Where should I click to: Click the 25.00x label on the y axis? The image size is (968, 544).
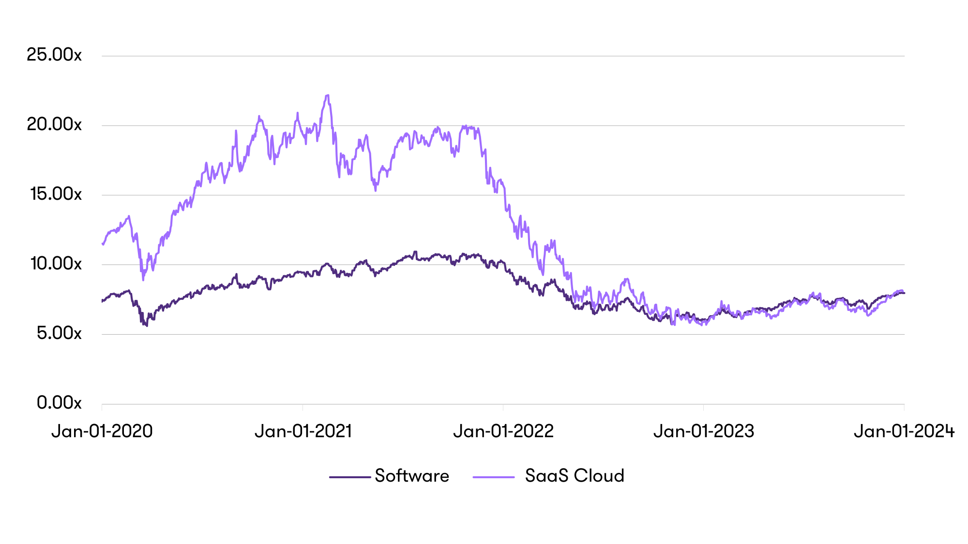(x=54, y=55)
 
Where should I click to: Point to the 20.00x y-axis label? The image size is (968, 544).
(x=54, y=125)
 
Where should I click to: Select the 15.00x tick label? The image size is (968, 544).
(x=56, y=194)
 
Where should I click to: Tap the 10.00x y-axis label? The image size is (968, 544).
(x=56, y=264)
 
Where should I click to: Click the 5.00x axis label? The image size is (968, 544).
(x=59, y=334)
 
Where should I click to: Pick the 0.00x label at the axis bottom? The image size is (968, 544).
(x=59, y=403)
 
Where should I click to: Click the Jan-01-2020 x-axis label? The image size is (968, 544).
(x=102, y=431)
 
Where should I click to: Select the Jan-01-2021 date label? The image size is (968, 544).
(x=303, y=431)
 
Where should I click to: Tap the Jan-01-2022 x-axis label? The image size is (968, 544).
(x=503, y=431)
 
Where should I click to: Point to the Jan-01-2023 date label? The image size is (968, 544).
(x=704, y=431)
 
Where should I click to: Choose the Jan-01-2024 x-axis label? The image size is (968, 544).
(x=904, y=431)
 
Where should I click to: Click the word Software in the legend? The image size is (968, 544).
(x=412, y=476)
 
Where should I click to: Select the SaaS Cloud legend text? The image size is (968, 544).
(x=575, y=476)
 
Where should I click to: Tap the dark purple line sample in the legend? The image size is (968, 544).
(x=350, y=477)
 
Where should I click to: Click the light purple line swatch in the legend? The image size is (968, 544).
(x=494, y=477)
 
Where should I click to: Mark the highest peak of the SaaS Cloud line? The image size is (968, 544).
(x=328, y=96)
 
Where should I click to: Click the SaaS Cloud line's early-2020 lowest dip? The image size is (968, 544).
(x=143, y=279)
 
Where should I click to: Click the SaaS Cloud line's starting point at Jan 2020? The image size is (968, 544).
(x=102, y=244)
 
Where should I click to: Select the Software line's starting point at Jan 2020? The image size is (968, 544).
(x=102, y=301)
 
